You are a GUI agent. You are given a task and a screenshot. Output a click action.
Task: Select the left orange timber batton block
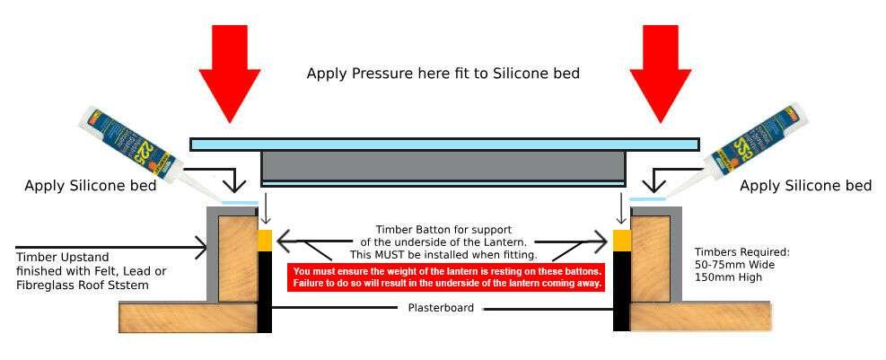click(x=264, y=241)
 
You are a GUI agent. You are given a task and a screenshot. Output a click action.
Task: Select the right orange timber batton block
click(x=621, y=241)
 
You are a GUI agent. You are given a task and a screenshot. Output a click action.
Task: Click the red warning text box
click(x=447, y=277)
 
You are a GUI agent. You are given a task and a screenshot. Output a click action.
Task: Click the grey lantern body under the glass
click(x=443, y=167)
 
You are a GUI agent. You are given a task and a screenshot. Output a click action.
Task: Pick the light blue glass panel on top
click(x=443, y=144)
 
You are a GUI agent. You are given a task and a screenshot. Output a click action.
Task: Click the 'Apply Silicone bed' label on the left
click(x=91, y=186)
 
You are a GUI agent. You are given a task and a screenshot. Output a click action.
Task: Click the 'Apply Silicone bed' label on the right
click(x=805, y=186)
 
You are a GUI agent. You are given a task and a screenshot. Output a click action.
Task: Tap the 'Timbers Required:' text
click(x=741, y=252)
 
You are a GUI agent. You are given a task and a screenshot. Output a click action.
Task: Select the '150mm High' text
click(x=729, y=277)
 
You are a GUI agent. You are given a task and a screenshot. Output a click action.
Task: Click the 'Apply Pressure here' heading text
click(x=443, y=74)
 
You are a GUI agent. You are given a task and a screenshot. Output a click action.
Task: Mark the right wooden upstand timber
click(x=650, y=256)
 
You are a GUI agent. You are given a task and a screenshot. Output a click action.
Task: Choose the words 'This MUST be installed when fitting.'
click(x=443, y=256)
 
